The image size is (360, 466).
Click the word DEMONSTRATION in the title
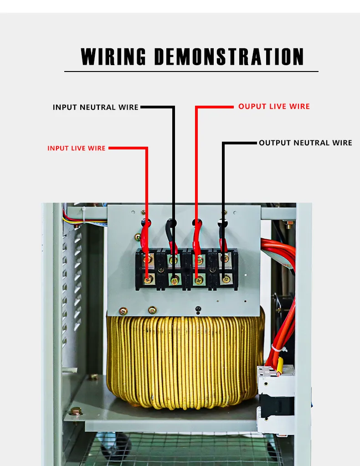(229, 57)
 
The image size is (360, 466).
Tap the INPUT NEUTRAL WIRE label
(95, 108)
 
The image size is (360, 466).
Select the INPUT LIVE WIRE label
(76, 149)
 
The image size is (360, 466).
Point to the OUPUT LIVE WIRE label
(274, 107)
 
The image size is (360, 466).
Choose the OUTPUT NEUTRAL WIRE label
(305, 143)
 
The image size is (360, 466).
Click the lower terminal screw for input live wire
(148, 280)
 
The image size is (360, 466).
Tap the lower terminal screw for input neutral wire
(174, 280)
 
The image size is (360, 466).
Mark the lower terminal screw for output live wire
(199, 280)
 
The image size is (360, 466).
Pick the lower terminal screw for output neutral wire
(224, 280)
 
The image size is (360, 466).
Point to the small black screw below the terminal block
(198, 310)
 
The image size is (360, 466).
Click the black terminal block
(186, 269)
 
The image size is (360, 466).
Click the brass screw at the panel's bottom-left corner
(123, 312)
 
